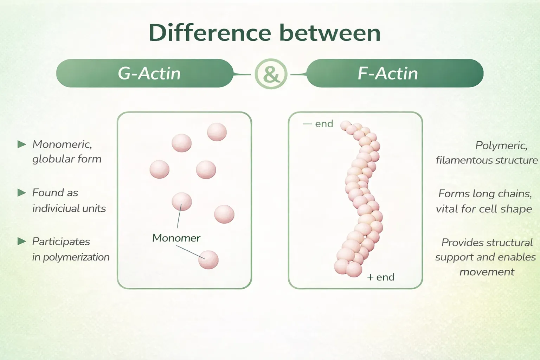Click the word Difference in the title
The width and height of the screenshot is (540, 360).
[210, 33]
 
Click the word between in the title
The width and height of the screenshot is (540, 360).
[330, 33]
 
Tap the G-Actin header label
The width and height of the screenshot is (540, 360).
[149, 73]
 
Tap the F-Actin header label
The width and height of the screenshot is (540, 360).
[388, 73]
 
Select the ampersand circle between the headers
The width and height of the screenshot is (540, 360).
[271, 74]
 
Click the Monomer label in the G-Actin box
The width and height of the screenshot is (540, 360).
[176, 238]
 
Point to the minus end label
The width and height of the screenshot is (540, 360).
[318, 124]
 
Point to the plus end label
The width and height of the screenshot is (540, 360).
[381, 277]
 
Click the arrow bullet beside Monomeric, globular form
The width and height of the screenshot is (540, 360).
[22, 144]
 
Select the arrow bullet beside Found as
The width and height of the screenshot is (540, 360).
[22, 193]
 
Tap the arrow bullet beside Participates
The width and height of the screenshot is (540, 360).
[22, 241]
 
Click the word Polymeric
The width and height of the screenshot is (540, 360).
[501, 146]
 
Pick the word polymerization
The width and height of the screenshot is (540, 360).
[76, 257]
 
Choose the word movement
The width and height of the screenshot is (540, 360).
[487, 272]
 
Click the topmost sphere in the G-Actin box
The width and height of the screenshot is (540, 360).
[217, 132]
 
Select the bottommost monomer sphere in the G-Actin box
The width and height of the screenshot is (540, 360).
[208, 260]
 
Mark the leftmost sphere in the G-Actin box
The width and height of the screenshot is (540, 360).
[159, 169]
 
